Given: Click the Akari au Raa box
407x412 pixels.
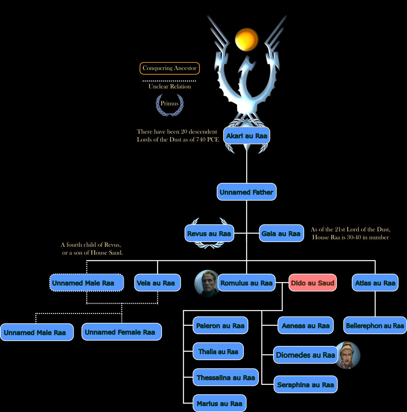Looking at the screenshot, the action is click(x=247, y=136).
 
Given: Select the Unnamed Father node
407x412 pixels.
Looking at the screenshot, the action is click(x=247, y=192).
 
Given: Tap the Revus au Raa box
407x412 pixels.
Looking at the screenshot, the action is click(x=209, y=233).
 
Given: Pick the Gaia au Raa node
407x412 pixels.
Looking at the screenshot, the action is click(x=281, y=233).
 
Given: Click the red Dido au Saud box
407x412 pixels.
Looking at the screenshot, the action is click(x=313, y=283).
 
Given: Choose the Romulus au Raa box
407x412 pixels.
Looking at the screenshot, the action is click(x=247, y=283).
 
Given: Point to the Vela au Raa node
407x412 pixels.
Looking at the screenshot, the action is click(x=157, y=283).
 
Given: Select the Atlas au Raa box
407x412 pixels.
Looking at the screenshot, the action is click(x=375, y=283).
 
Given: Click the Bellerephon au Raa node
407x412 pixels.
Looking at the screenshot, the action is click(x=375, y=325).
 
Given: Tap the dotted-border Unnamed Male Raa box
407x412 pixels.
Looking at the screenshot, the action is click(x=87, y=283).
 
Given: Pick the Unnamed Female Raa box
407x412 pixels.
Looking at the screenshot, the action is click(x=122, y=332).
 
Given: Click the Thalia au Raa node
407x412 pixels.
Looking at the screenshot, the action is click(x=218, y=351).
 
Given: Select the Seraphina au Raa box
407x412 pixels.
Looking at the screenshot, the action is click(x=306, y=385).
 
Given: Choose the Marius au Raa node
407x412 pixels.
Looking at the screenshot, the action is click(x=219, y=403).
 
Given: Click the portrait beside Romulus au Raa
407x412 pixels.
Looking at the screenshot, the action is click(x=206, y=283).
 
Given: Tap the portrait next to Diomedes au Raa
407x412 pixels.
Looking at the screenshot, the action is click(x=348, y=355).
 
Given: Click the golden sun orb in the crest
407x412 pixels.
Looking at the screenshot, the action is click(x=247, y=39).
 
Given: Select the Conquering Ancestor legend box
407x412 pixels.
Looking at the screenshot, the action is click(x=170, y=68).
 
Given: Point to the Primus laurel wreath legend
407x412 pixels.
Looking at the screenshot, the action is click(x=170, y=105).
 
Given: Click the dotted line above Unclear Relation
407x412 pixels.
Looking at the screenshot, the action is click(x=169, y=81).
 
